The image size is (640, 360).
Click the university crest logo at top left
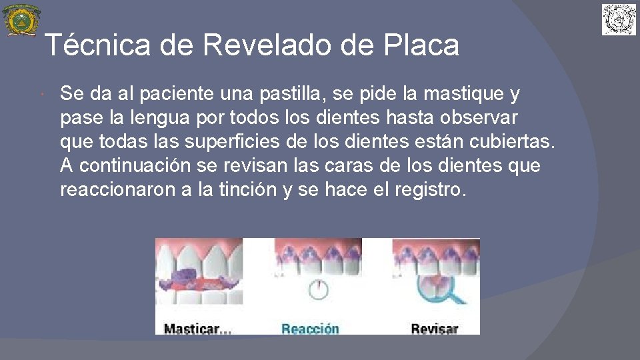(x=21, y=20)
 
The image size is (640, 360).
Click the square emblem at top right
(x=619, y=19)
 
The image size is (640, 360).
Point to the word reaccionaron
(x=117, y=189)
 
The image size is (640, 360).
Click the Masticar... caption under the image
(x=197, y=328)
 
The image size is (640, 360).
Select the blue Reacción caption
(x=310, y=328)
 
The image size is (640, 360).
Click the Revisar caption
(x=434, y=328)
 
